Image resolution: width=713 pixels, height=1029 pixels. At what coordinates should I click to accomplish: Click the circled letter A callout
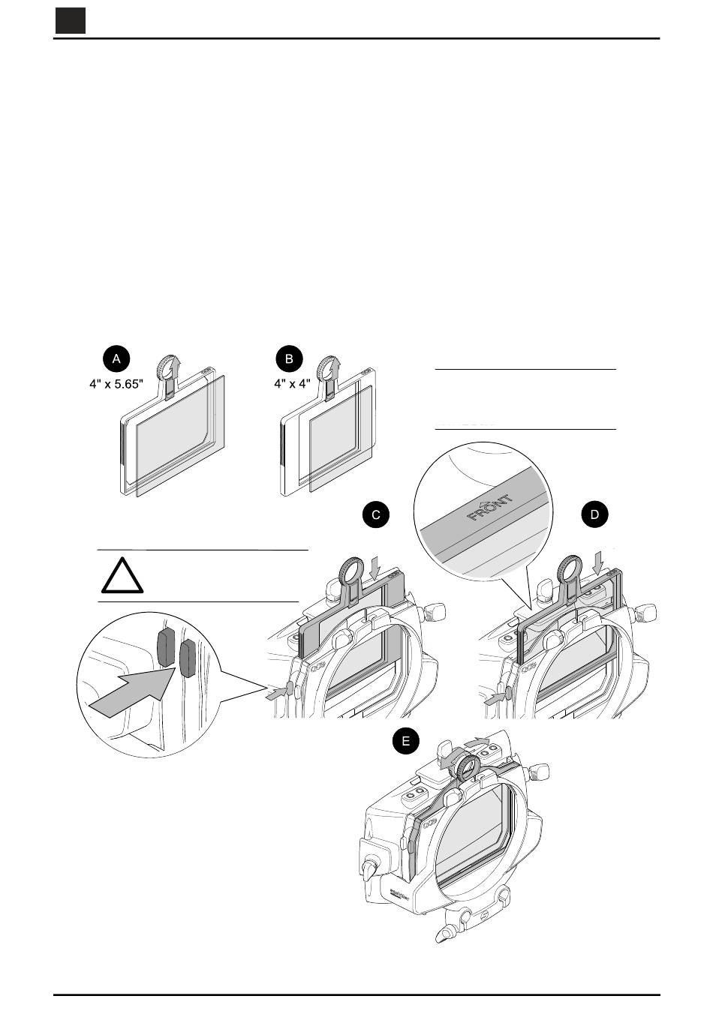tap(116, 359)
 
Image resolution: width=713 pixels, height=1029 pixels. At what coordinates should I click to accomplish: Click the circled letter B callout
tap(289, 359)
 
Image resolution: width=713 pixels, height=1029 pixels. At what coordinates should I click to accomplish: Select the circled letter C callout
tap(376, 514)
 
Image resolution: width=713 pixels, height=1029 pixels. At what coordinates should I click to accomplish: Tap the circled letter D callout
tap(595, 514)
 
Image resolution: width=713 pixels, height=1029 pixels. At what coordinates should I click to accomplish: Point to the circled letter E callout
tap(406, 742)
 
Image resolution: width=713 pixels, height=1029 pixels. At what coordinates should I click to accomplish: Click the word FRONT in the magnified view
tap(491, 508)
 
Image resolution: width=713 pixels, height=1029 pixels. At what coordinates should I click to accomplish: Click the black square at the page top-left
tap(70, 22)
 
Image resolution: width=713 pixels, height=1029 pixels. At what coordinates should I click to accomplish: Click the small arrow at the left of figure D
tap(495, 697)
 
